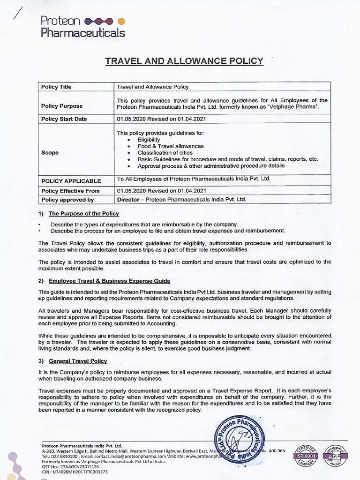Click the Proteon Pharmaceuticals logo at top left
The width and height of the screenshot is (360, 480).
click(82, 27)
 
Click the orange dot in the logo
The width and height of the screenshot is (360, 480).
click(121, 21)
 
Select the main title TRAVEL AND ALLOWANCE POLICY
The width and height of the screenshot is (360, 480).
click(184, 61)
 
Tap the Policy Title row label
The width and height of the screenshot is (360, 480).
click(56, 87)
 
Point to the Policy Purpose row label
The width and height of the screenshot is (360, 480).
click(61, 106)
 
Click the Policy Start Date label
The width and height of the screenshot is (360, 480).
click(64, 119)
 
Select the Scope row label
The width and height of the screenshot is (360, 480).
click(50, 153)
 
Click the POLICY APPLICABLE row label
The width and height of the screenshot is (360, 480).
click(71, 181)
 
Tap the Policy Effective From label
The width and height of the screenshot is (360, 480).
click(70, 191)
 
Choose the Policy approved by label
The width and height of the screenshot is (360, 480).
click(67, 200)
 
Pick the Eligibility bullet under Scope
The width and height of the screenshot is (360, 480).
click(149, 140)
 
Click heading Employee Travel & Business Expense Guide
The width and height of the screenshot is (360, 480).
click(109, 281)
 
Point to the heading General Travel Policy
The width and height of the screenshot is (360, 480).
click(78, 361)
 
